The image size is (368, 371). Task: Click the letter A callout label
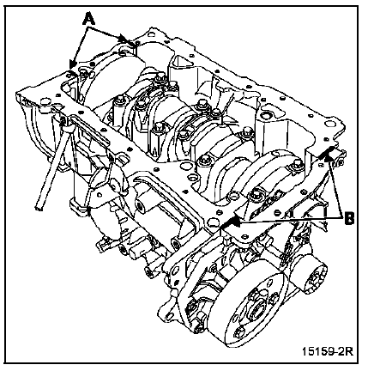(x=89, y=19)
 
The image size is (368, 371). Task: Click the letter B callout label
(x=349, y=219)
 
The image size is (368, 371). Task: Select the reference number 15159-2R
(x=328, y=351)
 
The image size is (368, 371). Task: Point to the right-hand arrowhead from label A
(x=124, y=39)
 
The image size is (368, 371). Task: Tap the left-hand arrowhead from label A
(x=72, y=64)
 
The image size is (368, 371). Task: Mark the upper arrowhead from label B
(x=330, y=153)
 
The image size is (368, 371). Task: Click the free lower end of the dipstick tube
(x=39, y=208)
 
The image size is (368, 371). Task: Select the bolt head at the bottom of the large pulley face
(x=238, y=333)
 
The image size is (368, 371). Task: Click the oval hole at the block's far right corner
(x=329, y=124)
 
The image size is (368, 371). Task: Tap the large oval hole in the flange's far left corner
(x=45, y=101)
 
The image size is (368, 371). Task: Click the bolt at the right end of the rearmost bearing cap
(x=298, y=164)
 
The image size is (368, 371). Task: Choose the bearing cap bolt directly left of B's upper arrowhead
(x=298, y=164)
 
